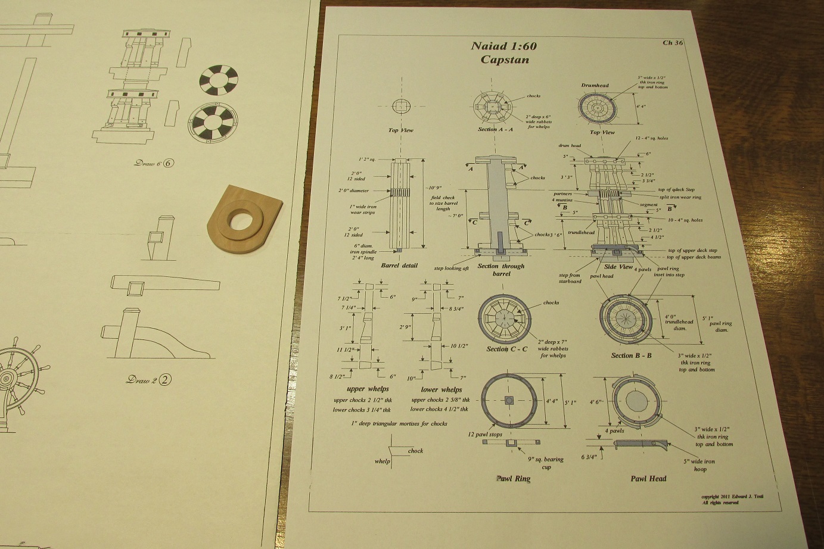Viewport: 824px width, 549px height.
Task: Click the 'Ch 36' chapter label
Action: coord(673,42)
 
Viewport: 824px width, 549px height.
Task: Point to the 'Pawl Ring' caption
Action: coord(513,478)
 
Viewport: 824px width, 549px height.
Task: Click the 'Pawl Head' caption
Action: coord(648,478)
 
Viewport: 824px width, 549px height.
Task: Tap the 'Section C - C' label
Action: coord(506,349)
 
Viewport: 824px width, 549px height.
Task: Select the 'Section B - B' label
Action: coord(631,355)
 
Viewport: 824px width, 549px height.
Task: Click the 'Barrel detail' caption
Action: coord(399,266)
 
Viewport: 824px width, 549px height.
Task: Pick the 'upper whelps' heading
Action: coord(368,389)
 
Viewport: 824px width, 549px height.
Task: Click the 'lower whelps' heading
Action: coord(441,389)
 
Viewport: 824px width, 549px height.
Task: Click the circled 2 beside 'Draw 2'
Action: coord(160,379)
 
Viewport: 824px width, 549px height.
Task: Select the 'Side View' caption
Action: coord(618,267)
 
